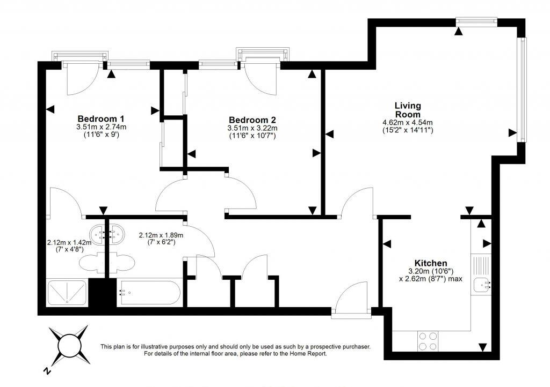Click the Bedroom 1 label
tap(101, 118)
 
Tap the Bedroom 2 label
tap(252, 119)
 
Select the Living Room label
tap(408, 110)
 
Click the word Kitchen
tap(431, 263)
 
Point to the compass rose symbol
tap(69, 343)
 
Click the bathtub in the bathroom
tap(149, 293)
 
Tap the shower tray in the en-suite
tap(67, 293)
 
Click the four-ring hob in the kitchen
tap(427, 341)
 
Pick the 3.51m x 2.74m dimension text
tap(101, 127)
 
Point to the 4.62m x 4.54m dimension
tap(407, 123)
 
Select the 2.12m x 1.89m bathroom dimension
tap(161, 235)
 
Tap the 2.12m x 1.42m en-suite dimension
tap(69, 242)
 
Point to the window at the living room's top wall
tap(477, 21)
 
